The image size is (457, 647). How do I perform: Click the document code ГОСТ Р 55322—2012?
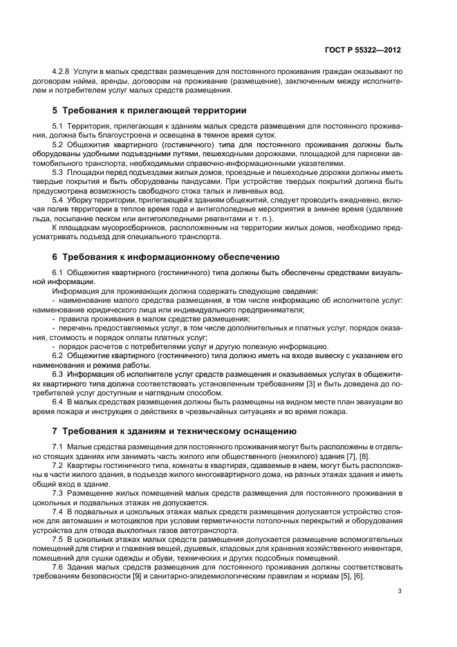coord(366,50)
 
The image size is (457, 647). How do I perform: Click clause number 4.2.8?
coord(62,72)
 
